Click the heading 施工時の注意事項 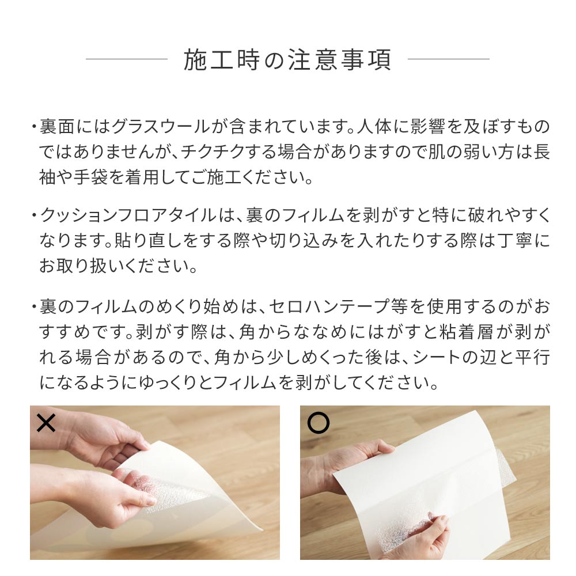point(287,60)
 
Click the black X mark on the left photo point(46,424)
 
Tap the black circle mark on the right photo point(318,423)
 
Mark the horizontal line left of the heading point(126,59)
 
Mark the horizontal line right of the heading point(448,59)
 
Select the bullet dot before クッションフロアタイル point(34,217)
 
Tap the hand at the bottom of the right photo point(426,533)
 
